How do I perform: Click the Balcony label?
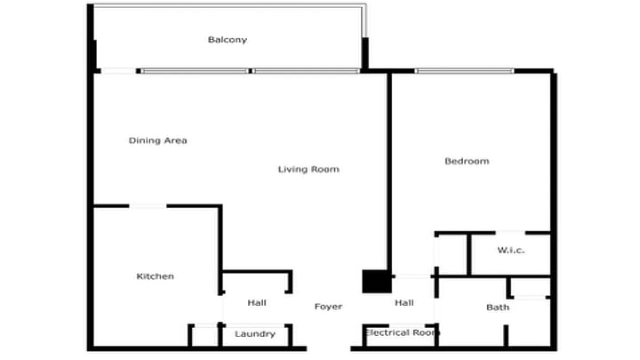(228, 40)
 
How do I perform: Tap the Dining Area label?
(158, 140)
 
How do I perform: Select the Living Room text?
(308, 170)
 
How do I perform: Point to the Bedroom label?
(467, 161)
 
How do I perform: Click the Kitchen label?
(155, 276)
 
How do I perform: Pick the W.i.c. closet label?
(511, 250)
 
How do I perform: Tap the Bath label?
(498, 308)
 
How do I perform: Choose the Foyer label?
(328, 307)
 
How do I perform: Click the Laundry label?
(255, 334)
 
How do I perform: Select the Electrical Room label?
(402, 332)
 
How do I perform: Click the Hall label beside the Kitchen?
(257, 303)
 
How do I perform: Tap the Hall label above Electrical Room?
(404, 303)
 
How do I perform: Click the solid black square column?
(375, 281)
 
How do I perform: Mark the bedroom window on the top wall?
(465, 71)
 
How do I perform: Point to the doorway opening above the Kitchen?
(148, 206)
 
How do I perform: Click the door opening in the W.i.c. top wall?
(510, 233)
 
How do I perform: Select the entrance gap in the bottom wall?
(329, 348)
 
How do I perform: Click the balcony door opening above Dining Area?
(118, 71)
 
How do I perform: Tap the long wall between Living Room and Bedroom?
(389, 172)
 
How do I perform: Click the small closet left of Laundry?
(205, 335)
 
